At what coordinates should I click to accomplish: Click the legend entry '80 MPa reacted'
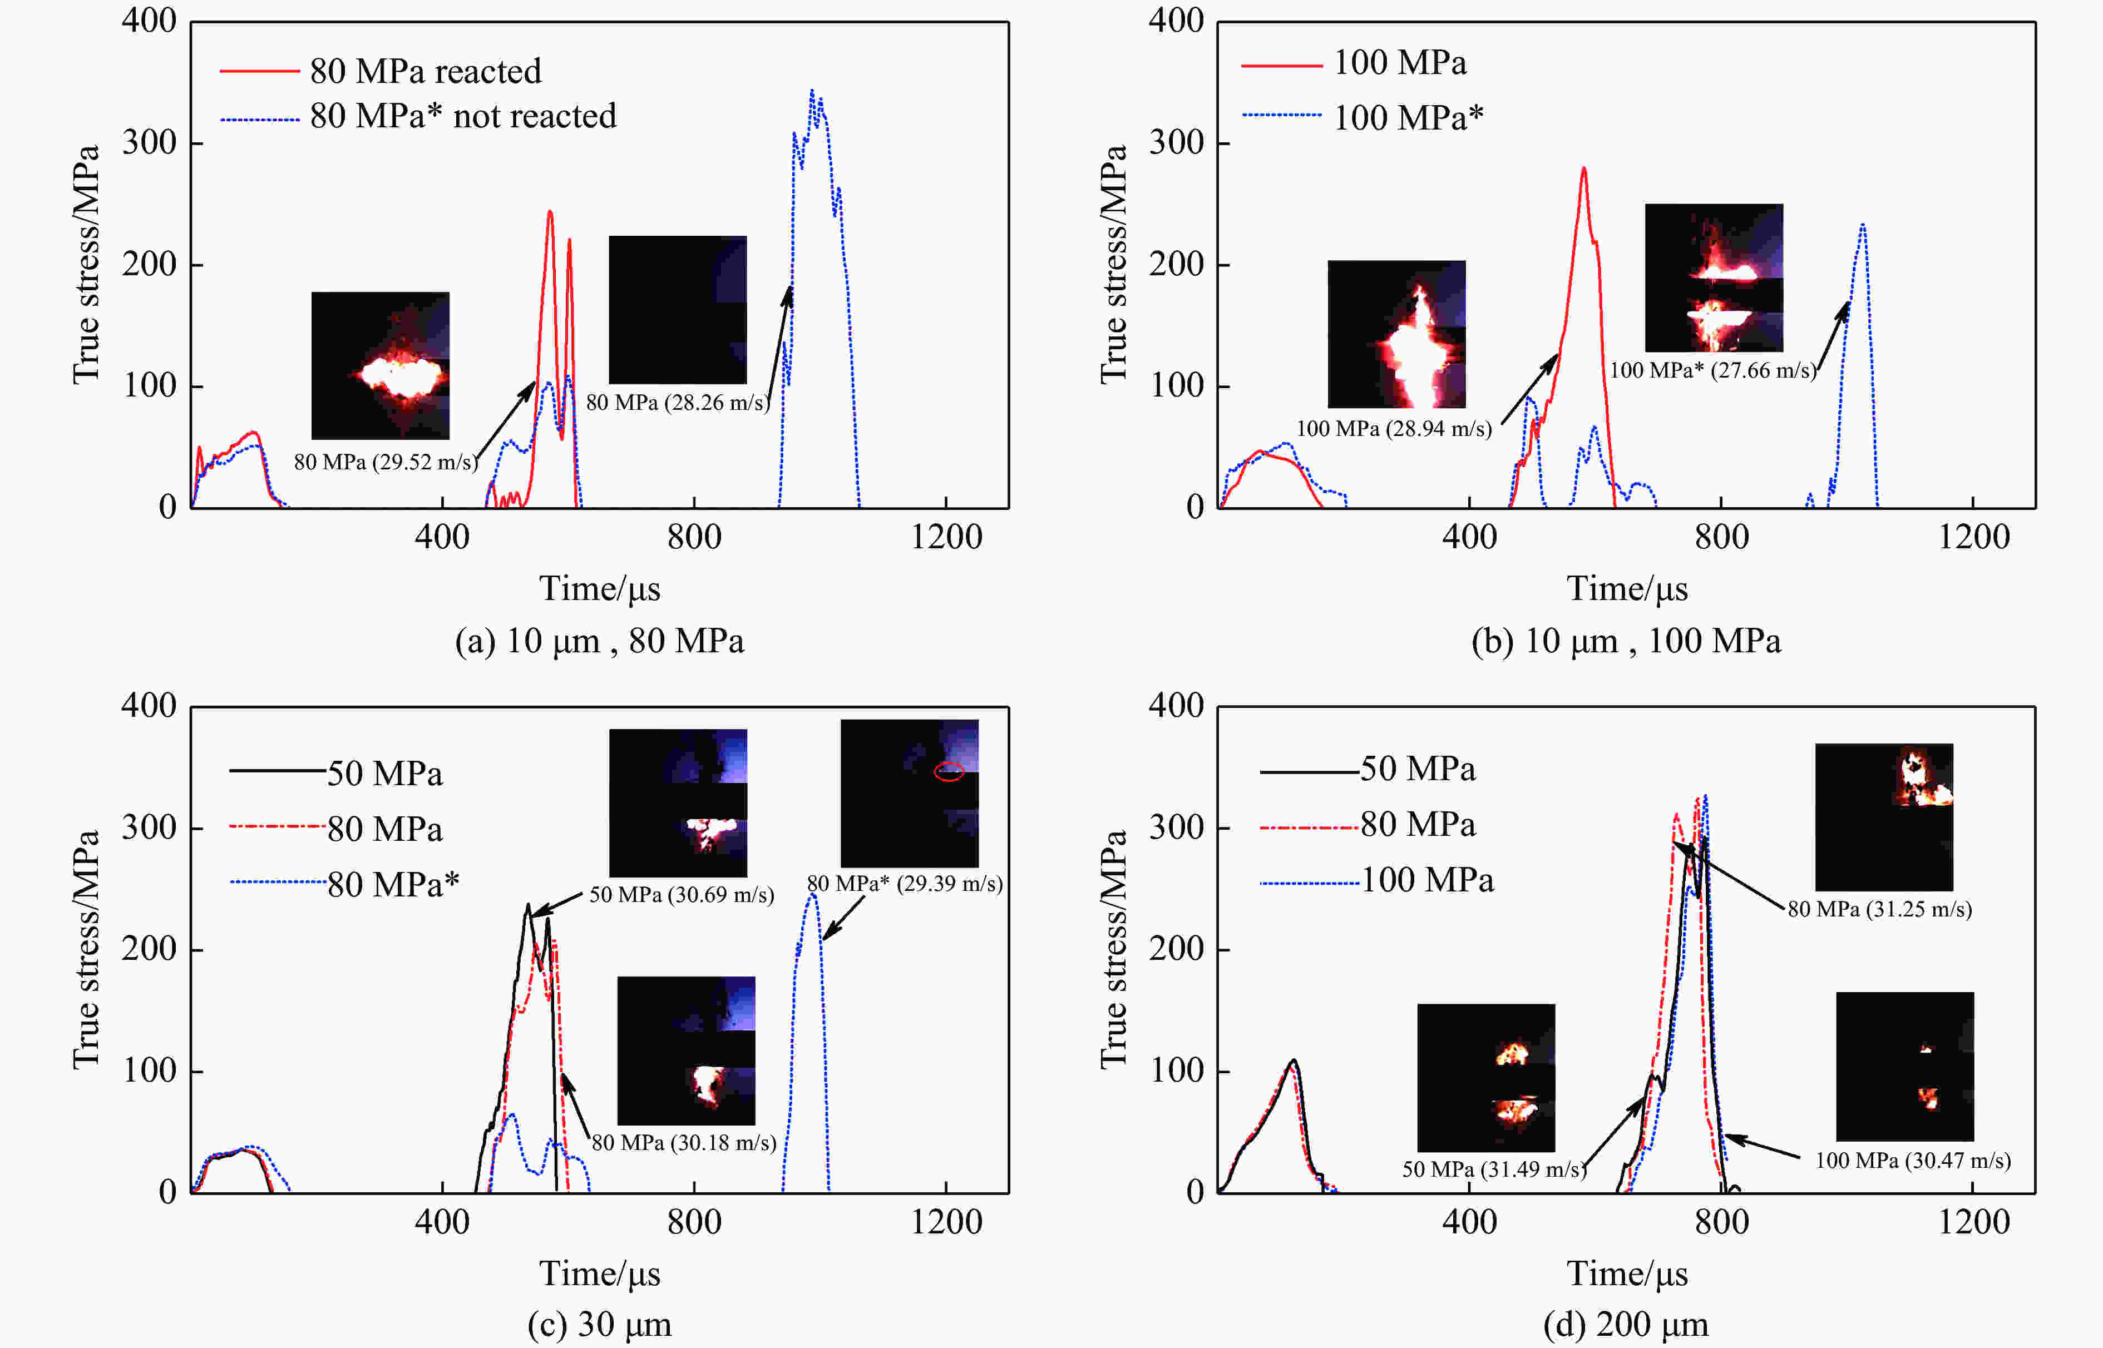point(426,71)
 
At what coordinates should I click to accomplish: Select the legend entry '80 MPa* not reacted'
point(462,116)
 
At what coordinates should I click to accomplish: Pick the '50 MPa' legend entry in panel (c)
point(384,773)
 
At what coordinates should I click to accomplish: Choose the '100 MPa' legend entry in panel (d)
point(1427,880)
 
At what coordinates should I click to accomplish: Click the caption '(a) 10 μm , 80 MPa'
point(600,641)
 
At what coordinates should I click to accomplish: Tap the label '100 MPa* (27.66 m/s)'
point(1712,370)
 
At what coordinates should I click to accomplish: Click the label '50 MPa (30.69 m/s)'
point(681,895)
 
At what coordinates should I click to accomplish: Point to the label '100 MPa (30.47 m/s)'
point(1913,1161)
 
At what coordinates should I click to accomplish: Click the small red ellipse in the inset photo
point(948,771)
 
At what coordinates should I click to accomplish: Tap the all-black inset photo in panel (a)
point(678,309)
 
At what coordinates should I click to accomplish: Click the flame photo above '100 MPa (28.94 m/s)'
point(1396,334)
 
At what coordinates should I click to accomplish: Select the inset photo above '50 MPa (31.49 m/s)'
point(1486,1078)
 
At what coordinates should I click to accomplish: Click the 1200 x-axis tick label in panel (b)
point(1973,537)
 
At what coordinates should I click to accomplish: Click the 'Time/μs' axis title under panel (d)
point(1627,1273)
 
